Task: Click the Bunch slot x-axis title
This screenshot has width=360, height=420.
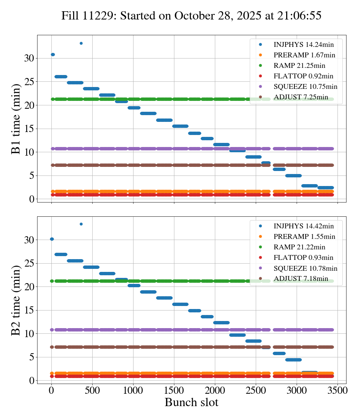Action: coord(191,403)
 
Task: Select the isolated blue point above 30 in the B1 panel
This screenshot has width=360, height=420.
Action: coord(81,43)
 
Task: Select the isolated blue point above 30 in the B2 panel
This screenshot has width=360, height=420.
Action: coord(81,224)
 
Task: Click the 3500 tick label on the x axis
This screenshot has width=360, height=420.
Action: coord(337,390)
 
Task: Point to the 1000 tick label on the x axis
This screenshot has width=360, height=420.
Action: coord(133,390)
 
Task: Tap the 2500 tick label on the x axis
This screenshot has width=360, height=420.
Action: coord(256,390)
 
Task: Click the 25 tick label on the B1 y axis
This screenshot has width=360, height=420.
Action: coord(29,82)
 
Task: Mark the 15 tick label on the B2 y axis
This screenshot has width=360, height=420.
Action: coord(29,310)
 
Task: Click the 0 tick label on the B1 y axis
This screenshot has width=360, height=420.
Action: coord(31,199)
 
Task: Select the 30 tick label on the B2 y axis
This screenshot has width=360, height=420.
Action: coord(29,240)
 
